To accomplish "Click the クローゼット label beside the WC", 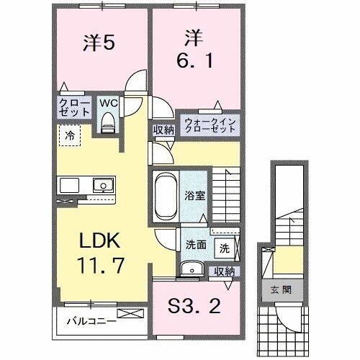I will tap(74, 108).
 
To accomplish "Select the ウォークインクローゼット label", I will tap(210, 125).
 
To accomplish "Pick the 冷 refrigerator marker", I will tap(70, 135).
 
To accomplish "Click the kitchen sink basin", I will tap(103, 185).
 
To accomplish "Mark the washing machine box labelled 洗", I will tap(224, 248).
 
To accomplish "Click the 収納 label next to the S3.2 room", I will tap(225, 271).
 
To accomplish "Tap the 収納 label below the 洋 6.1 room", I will tap(163, 130).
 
